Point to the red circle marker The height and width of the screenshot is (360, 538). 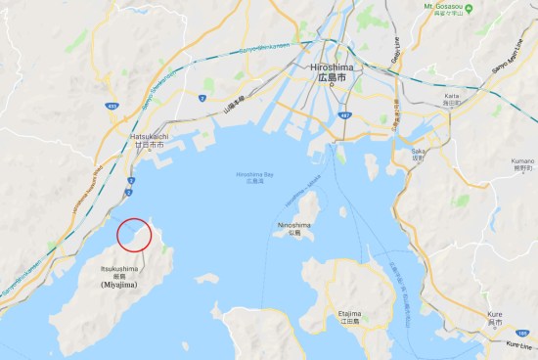134,235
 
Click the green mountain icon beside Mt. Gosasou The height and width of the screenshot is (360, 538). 469,8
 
